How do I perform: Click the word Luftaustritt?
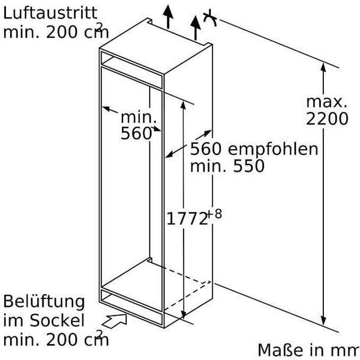[x=50, y=13]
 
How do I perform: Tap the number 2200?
[x=327, y=119]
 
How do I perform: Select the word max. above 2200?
[x=327, y=102]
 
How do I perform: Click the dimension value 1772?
[x=187, y=218]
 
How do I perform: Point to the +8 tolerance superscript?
[x=215, y=214]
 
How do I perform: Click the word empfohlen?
[x=273, y=150]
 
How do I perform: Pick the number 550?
[x=249, y=166]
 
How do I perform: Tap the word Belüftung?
[x=44, y=302]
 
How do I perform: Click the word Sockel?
[x=57, y=320]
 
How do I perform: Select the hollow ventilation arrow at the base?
[x=115, y=320]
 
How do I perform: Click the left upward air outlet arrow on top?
[x=168, y=16]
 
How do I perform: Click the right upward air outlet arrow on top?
[x=195, y=28]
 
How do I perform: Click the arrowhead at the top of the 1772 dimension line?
[x=183, y=105]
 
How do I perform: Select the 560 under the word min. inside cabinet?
[x=136, y=133]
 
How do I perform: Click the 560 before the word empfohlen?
[x=206, y=149]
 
